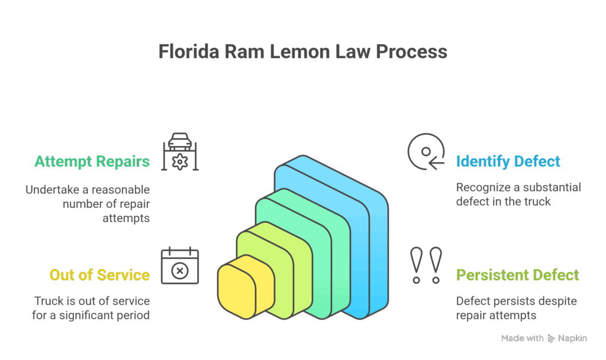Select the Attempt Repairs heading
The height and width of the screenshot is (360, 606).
[92, 161]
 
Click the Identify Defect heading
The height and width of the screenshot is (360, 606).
[508, 161]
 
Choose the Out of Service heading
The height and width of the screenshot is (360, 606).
[99, 275]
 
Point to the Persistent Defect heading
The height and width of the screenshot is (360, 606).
[517, 275]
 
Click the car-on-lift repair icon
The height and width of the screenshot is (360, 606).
[180, 152]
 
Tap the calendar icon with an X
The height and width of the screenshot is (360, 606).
[180, 266]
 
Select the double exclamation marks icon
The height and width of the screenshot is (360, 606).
[427, 264]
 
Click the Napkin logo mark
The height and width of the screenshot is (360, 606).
[552, 338]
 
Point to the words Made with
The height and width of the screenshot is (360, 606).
[522, 338]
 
